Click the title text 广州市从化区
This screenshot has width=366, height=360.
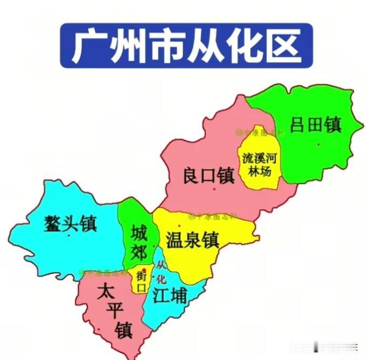tap(186, 45)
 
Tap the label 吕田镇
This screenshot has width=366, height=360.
tap(316, 125)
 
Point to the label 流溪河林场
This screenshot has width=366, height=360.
tap(261, 165)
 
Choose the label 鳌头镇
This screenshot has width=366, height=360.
tap(71, 223)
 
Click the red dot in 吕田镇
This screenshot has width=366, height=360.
tap(319, 144)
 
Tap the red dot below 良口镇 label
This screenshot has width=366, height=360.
tap(214, 189)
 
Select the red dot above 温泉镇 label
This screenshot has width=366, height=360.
tap(180, 225)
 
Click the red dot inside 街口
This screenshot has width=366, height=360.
tap(144, 270)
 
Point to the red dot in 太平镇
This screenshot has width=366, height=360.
tap(99, 330)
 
